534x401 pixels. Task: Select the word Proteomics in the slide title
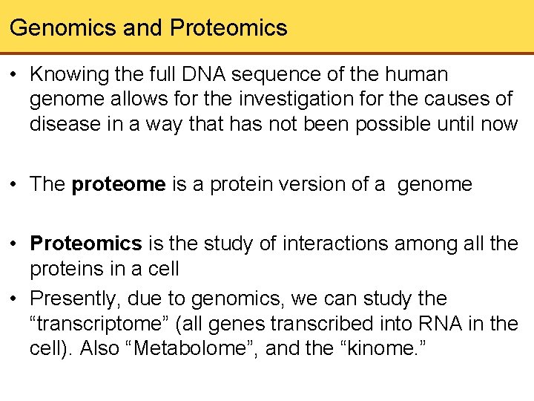[x=228, y=28]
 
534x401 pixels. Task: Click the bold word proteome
[x=119, y=184]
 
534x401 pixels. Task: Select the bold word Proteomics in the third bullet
[x=86, y=244]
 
